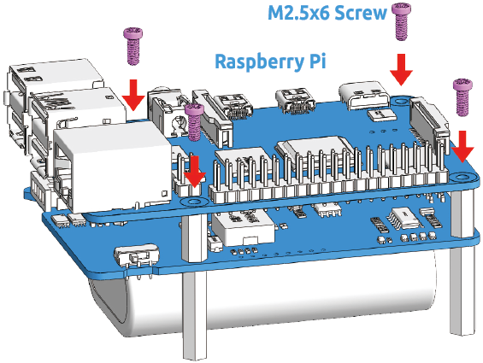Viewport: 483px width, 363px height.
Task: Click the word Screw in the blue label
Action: [360, 13]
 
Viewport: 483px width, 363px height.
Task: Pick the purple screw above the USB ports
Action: [133, 46]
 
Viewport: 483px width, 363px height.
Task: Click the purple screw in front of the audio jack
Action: [194, 122]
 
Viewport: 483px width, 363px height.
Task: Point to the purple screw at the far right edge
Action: [462, 97]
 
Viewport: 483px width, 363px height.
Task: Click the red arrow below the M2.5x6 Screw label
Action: [401, 69]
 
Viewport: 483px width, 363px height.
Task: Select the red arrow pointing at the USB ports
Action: [133, 95]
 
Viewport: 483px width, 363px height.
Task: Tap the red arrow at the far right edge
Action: [462, 147]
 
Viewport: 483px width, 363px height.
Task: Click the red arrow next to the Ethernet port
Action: [194, 171]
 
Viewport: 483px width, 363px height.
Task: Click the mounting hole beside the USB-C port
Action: [400, 101]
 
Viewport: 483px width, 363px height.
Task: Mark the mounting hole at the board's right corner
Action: [461, 177]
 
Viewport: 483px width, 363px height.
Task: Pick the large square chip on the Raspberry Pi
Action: [311, 153]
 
